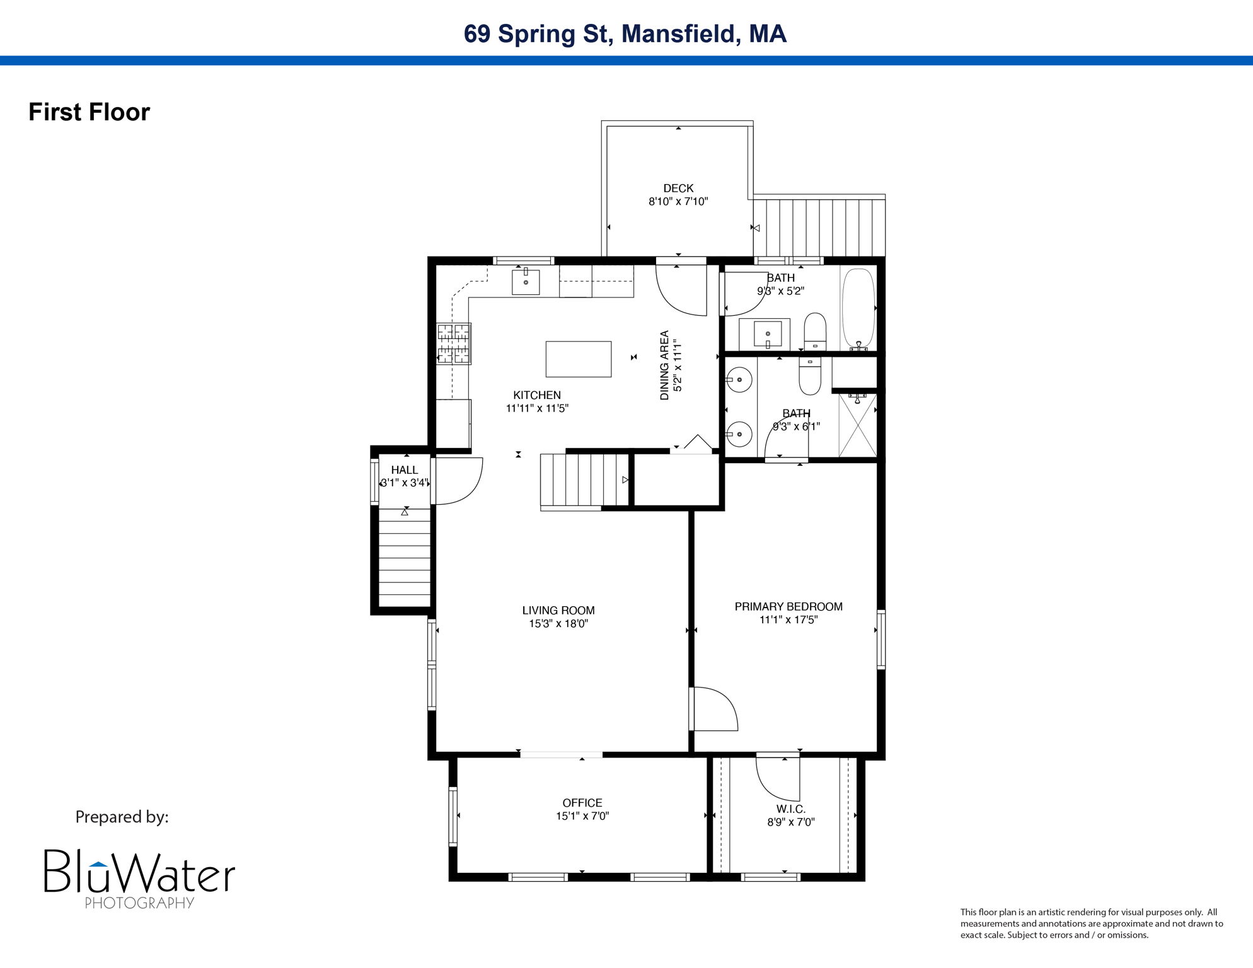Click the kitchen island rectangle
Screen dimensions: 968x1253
click(x=578, y=359)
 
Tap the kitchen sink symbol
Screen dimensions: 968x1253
click(x=525, y=282)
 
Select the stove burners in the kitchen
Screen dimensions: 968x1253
click(x=454, y=343)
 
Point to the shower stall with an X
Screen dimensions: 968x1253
click(x=857, y=425)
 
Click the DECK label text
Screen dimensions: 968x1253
click(x=678, y=188)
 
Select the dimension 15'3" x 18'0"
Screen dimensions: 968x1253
click(x=558, y=624)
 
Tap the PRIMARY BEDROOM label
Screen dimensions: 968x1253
click(x=788, y=606)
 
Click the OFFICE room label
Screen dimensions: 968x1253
click(x=582, y=803)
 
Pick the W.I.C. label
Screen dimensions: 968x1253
click(x=790, y=809)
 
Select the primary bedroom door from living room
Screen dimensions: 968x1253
click(x=713, y=709)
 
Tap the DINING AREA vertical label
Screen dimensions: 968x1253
click(x=664, y=366)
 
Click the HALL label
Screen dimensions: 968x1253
click(x=404, y=470)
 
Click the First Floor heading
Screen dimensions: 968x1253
click(x=89, y=112)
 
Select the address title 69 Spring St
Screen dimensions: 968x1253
click(x=625, y=34)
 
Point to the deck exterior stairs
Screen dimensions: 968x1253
click(x=819, y=228)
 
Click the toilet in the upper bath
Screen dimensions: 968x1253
click(x=815, y=331)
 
